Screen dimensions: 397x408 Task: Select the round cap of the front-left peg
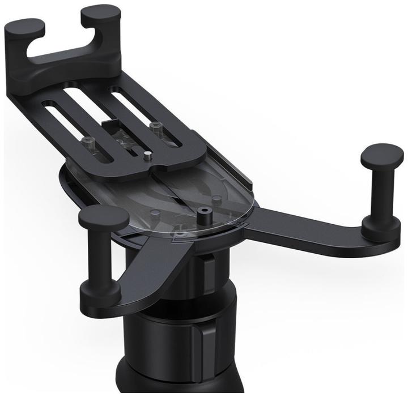tap(103, 217)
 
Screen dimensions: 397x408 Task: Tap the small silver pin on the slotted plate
tap(147, 153)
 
